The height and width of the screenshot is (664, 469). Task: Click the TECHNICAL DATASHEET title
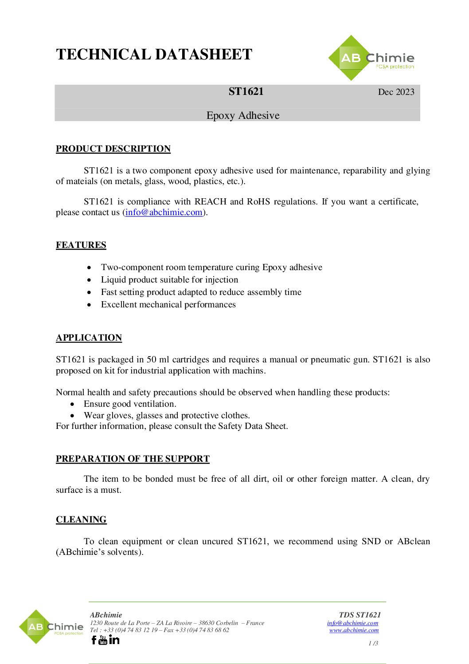pos(154,55)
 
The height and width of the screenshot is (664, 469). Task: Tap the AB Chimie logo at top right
pos(371,59)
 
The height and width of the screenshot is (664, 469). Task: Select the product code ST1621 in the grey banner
pos(246,92)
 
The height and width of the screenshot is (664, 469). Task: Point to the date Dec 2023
pos(396,92)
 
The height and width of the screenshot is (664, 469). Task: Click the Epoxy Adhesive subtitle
pos(243,116)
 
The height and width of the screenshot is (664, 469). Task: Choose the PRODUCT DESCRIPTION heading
pos(113,149)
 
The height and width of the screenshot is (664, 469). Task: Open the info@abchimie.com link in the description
pos(164,212)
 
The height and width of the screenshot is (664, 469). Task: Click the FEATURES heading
pos(81,245)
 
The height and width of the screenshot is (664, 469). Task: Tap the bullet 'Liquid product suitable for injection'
pos(169,280)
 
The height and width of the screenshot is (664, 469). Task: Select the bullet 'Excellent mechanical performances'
pos(168,305)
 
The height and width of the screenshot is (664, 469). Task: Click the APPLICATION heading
pos(89,338)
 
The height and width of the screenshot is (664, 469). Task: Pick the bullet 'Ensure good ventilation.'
pos(130,404)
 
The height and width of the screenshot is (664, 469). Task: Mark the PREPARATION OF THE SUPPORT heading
pos(133,459)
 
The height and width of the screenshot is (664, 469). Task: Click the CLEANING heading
pos(81,520)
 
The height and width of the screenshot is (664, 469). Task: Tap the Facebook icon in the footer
pos(94,640)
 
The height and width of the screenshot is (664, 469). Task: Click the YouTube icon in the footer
pos(103,640)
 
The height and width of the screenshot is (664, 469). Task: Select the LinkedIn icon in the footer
pos(114,640)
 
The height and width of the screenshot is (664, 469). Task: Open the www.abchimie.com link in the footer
pos(354,630)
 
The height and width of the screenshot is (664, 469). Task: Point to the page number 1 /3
pos(373,644)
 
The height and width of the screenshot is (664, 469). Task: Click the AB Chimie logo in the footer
pos(51,627)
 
